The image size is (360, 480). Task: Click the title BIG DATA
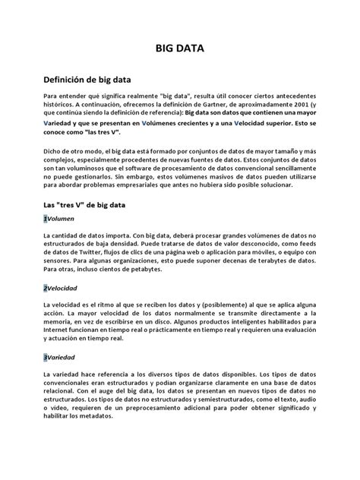coord(179,49)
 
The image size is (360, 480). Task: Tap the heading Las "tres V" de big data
coord(88,205)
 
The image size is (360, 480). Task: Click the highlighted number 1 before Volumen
coord(46,219)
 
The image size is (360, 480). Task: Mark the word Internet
coord(58,328)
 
